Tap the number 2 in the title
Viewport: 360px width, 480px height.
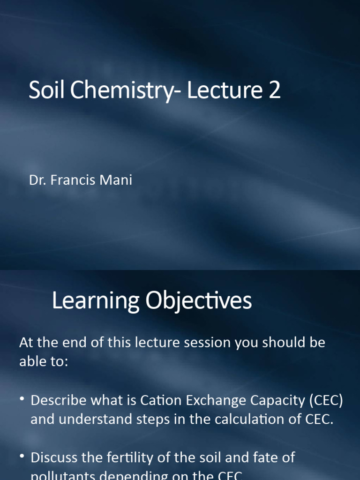[x=274, y=90]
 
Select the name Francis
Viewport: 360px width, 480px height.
[x=74, y=180]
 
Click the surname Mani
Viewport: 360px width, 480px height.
[x=118, y=180]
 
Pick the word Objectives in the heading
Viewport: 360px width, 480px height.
[x=198, y=301]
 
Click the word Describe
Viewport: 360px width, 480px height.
[x=58, y=400]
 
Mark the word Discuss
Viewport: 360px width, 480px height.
[x=54, y=457]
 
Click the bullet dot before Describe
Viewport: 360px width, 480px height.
[x=22, y=400]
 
